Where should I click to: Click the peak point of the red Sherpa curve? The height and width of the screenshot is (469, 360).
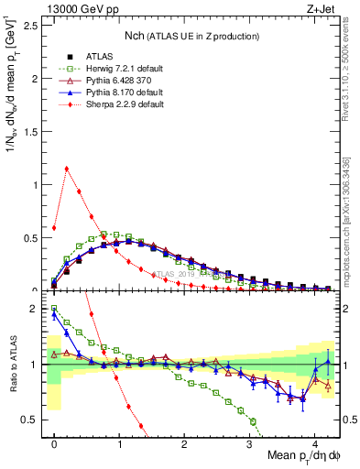tap(67, 169)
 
